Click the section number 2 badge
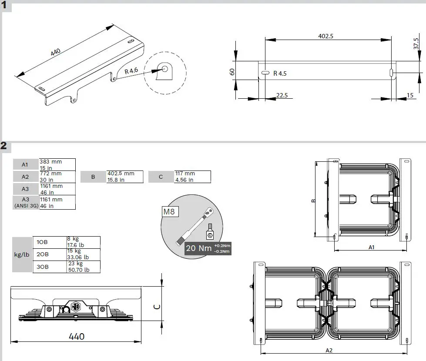(4, 146)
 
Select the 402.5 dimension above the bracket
(325, 36)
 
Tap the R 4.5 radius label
(280, 74)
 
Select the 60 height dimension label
(232, 72)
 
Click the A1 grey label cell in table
(25, 164)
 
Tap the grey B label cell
(93, 177)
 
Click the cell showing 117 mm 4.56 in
(192, 177)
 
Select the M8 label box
(169, 212)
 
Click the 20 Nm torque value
(199, 248)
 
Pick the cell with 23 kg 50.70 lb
(83, 267)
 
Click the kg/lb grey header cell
(22, 254)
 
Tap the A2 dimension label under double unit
(329, 350)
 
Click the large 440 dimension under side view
(76, 336)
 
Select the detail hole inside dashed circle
(165, 68)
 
